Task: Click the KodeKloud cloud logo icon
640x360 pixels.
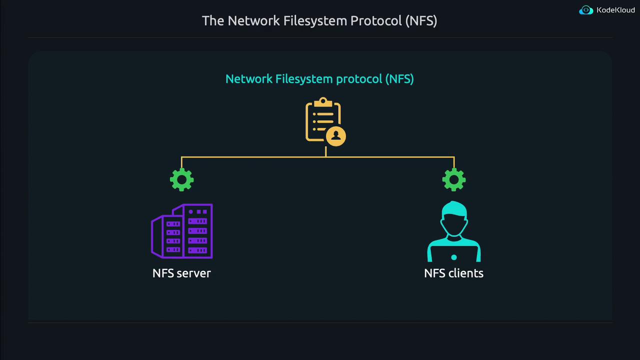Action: (x=586, y=10)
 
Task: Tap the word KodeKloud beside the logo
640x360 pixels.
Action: (x=615, y=10)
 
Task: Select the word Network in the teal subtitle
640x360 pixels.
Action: (x=248, y=79)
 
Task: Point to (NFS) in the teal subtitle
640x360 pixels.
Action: (x=399, y=79)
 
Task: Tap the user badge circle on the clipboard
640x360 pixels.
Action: (x=336, y=135)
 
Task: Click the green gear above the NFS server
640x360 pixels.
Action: (x=181, y=179)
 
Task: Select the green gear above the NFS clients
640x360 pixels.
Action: (x=453, y=179)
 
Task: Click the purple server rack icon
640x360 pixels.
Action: (x=182, y=231)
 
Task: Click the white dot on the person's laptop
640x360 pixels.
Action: (x=453, y=257)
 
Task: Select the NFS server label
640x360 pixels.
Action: (x=181, y=273)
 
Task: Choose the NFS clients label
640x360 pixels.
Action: (x=453, y=273)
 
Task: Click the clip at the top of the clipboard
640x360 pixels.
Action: (x=323, y=102)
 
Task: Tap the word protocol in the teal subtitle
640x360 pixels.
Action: (x=359, y=79)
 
